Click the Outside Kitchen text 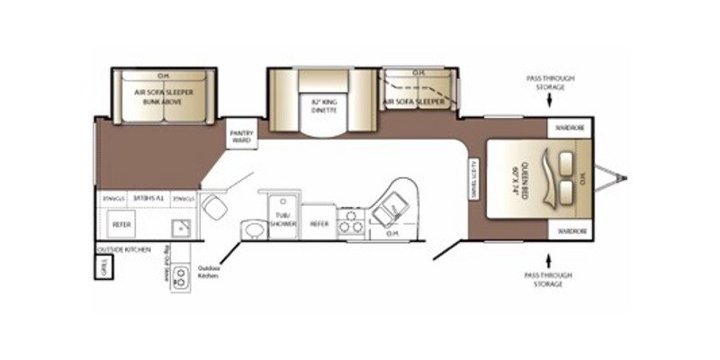pos(124,248)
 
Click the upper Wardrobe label pos(569,128)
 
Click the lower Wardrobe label pos(569,229)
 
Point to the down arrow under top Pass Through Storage pos(551,102)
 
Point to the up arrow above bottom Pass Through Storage pos(551,256)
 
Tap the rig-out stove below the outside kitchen pos(182,277)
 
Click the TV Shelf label pos(140,195)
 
